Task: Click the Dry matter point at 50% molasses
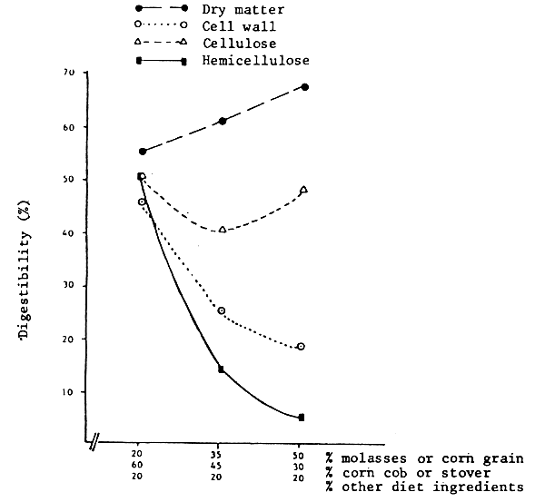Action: (x=304, y=87)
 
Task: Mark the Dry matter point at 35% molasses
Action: (x=223, y=121)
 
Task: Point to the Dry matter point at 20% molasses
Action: (x=143, y=151)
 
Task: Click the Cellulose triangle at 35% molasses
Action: (x=223, y=230)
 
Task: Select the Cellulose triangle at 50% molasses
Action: (x=303, y=190)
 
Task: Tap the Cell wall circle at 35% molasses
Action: (x=223, y=311)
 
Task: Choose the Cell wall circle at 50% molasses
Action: (x=301, y=347)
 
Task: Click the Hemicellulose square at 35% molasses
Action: (x=222, y=369)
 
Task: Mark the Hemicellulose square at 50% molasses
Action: (x=302, y=418)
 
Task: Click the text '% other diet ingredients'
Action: (x=424, y=487)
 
